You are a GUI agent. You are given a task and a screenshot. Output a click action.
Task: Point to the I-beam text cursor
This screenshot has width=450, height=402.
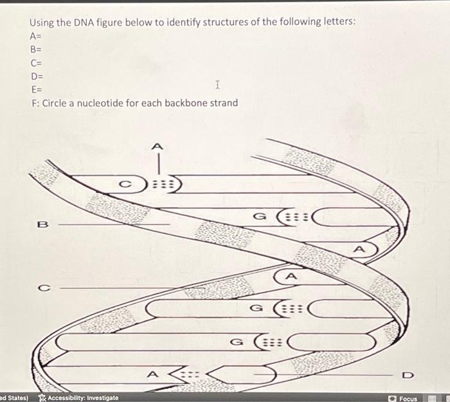(218, 85)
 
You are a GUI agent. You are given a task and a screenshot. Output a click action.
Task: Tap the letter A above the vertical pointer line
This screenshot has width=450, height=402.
(155, 145)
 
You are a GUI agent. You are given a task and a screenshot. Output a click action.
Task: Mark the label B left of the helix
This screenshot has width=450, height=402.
(43, 224)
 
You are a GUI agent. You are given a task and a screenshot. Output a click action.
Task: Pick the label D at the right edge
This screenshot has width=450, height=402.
(406, 374)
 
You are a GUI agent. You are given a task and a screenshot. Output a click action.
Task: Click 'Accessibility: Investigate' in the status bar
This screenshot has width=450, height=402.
(80, 397)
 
